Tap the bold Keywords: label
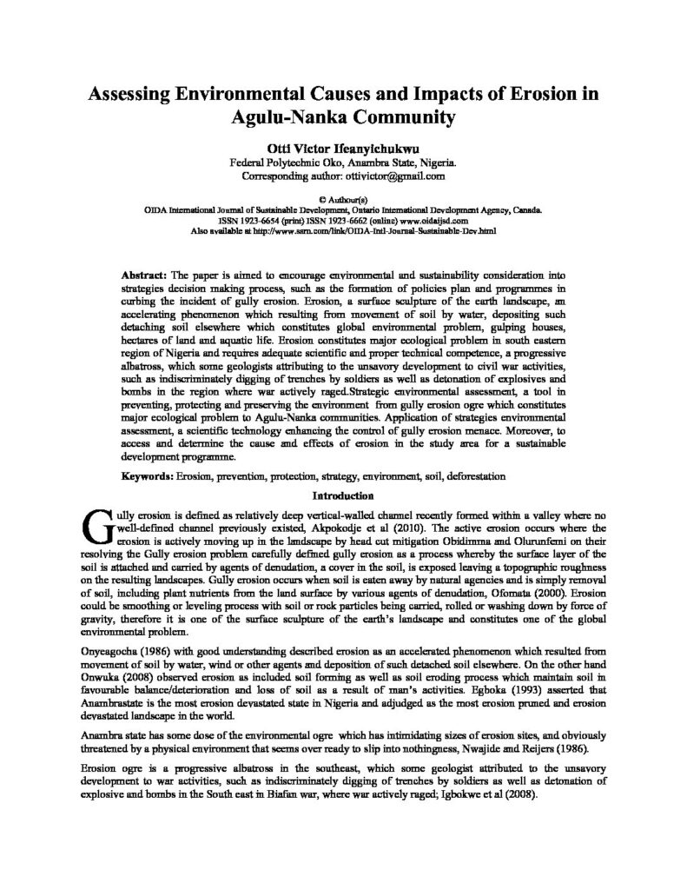point(148,477)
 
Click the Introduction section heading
point(343,496)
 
